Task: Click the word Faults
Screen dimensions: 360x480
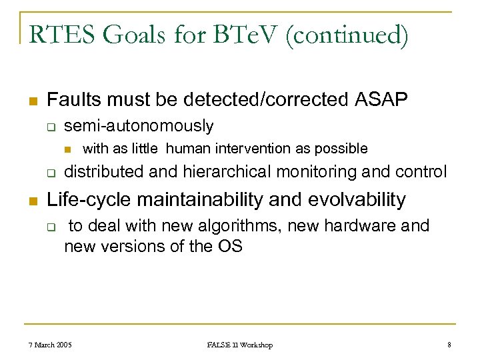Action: (x=73, y=100)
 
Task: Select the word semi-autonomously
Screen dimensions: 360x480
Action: (x=139, y=125)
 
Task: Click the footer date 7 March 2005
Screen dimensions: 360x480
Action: (x=51, y=345)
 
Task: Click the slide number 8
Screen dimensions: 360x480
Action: (x=449, y=345)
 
